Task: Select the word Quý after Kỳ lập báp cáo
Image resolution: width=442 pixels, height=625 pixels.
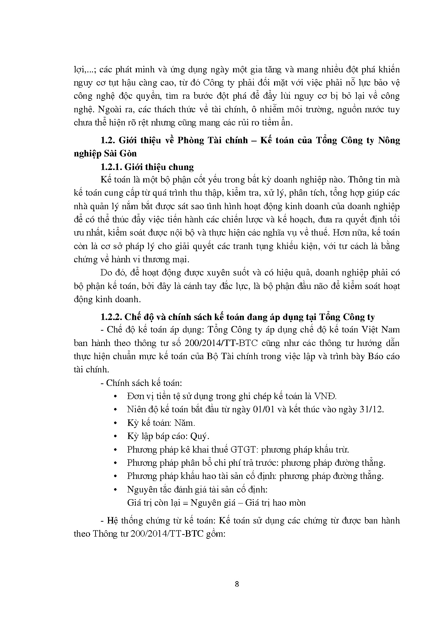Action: pyautogui.click(x=200, y=436)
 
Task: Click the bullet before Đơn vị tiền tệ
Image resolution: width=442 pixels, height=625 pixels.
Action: pyautogui.click(x=115, y=396)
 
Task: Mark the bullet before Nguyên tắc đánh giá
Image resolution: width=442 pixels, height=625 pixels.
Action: pyautogui.click(x=115, y=490)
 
